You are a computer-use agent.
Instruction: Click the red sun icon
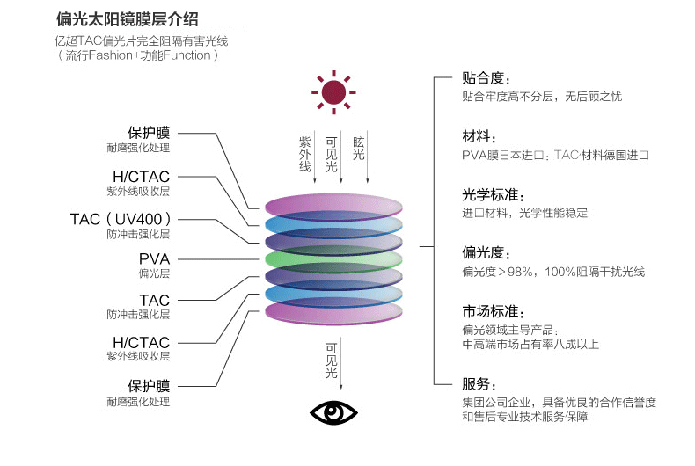tap(333, 92)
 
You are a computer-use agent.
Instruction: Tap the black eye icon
tap(333, 412)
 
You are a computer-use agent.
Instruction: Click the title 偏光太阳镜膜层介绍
tap(128, 19)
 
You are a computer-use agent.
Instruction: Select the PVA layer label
tap(154, 258)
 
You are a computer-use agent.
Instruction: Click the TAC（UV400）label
tap(121, 219)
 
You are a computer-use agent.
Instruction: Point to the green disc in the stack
tap(333, 258)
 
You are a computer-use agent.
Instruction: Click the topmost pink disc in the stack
tap(333, 207)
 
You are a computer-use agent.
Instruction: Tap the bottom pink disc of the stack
tap(333, 312)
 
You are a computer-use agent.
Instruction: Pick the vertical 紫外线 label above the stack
tap(304, 154)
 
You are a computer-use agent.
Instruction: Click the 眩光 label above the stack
tap(359, 148)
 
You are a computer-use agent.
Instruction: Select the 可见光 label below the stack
tap(331, 360)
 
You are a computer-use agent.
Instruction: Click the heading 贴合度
tap(486, 78)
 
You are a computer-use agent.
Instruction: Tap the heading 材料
tap(479, 136)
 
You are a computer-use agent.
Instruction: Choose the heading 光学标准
tap(493, 194)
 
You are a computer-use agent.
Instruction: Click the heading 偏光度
tap(486, 252)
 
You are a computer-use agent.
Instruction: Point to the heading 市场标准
tap(493, 311)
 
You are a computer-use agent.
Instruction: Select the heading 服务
tap(479, 383)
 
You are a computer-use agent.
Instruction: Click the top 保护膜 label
tap(149, 133)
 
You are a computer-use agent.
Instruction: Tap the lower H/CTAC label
tap(142, 342)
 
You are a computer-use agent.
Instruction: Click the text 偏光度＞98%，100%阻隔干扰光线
tap(553, 272)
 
